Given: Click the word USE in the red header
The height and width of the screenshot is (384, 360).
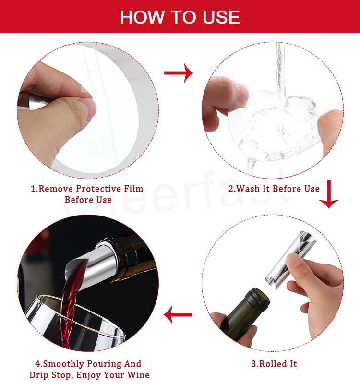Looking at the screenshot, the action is (221, 17).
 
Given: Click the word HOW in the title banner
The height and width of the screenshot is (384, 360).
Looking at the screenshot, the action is (142, 17).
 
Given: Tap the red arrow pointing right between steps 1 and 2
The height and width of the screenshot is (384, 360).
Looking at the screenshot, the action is (179, 73).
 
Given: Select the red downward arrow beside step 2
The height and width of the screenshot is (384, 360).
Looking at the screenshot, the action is (329, 194).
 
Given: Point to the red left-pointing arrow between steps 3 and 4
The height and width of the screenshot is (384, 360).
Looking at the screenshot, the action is (178, 315).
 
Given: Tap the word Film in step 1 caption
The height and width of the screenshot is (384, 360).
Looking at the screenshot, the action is (133, 189).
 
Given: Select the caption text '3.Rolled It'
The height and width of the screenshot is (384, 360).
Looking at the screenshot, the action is (274, 364).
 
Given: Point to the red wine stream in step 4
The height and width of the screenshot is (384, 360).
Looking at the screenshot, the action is (70, 304).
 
